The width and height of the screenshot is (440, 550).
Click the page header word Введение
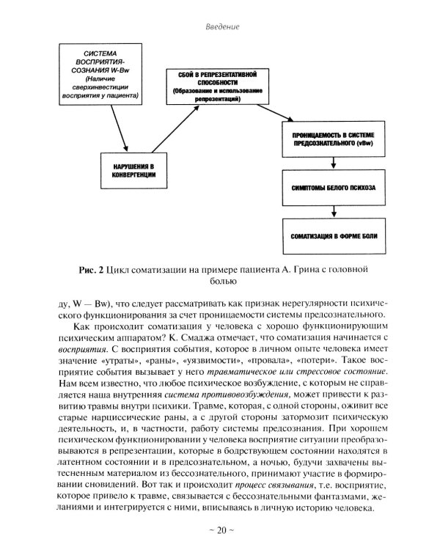pos(220,27)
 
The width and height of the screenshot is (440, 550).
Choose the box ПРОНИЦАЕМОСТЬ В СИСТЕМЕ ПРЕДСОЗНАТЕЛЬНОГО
pos(332,139)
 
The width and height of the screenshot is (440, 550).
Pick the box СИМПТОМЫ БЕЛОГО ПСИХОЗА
pos(332,188)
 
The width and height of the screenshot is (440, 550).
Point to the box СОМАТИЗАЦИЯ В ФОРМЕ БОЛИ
pos(332,236)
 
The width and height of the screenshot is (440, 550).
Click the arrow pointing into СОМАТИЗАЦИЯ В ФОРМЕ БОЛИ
pos(332,212)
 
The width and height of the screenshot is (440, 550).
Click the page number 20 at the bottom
pos(220,530)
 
